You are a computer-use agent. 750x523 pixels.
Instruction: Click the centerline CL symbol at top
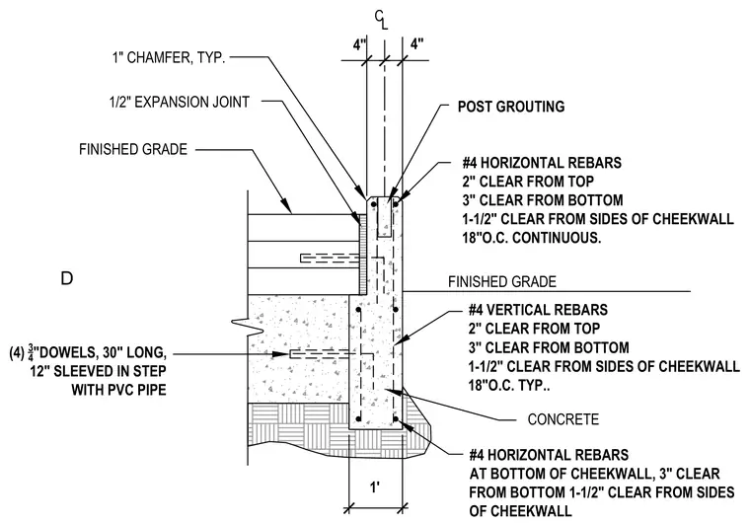tap(381, 20)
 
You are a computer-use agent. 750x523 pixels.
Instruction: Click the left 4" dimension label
tap(359, 44)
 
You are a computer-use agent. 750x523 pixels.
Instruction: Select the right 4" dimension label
tap(417, 44)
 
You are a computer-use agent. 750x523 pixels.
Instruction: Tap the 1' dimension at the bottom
tap(375, 487)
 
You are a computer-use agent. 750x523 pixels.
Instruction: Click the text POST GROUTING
tap(511, 107)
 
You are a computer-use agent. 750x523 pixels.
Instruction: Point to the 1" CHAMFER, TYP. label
tap(169, 58)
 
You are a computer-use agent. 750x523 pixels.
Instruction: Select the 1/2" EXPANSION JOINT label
tap(180, 102)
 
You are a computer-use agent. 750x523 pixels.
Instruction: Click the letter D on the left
tap(67, 278)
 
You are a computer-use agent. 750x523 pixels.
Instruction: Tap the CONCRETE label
tap(562, 419)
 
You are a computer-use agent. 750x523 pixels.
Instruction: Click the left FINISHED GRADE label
tap(133, 149)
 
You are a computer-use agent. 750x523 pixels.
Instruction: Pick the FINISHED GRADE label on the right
tap(502, 282)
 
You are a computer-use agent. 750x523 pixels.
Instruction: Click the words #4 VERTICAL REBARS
tap(538, 310)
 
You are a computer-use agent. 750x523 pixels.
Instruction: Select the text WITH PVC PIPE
tap(119, 390)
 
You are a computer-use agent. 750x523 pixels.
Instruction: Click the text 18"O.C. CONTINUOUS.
tap(532, 238)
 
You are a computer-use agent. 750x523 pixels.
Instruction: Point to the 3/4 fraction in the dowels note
tap(32, 353)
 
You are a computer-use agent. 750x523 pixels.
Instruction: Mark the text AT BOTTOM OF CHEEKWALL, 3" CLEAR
tap(594, 474)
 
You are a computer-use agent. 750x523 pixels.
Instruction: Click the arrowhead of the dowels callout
tap(280, 354)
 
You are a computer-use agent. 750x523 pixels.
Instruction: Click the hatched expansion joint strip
tap(362, 254)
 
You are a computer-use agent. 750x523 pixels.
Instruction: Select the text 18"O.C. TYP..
tap(509, 385)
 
